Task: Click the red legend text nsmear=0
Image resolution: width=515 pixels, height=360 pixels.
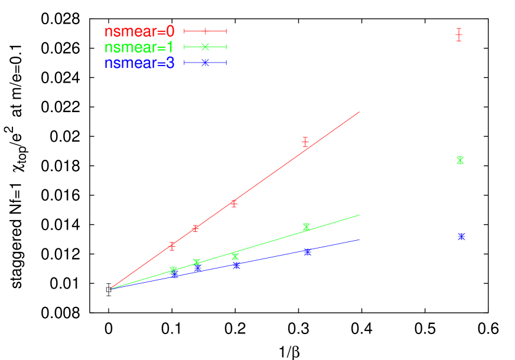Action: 139,32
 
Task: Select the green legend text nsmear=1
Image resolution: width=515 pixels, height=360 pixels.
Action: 139,48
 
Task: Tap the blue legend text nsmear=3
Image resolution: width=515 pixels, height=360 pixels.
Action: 139,63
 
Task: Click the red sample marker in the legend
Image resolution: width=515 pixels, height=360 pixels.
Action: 205,31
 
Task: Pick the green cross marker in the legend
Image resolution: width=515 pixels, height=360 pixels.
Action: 205,47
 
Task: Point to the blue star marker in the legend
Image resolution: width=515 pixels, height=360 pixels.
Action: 205,63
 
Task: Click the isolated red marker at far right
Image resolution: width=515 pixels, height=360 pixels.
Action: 458,35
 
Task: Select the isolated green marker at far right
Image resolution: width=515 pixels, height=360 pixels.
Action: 460,160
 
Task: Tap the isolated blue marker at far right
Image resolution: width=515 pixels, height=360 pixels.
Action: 461,237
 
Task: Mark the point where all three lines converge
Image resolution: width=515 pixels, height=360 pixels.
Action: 110,289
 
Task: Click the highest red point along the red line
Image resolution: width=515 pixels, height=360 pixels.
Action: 305,142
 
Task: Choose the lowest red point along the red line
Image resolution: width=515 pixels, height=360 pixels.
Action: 172,246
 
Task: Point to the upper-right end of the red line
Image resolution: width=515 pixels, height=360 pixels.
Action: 359,112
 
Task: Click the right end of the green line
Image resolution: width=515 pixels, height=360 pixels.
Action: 359,215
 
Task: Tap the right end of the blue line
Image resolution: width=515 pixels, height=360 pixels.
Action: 359,239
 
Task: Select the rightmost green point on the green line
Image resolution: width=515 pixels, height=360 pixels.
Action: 306,227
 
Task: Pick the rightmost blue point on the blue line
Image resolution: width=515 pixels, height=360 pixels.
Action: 307,252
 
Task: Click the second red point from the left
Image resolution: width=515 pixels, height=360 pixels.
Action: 195,228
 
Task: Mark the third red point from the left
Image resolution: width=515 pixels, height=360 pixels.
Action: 234,204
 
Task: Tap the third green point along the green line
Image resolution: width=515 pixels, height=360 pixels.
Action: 235,256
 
